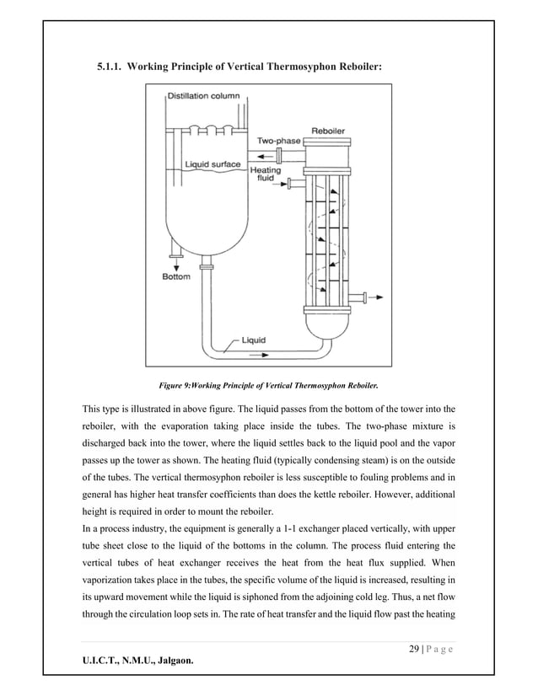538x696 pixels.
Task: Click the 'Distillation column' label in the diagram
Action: [x=203, y=96]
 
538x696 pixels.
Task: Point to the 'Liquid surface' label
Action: [x=212, y=163]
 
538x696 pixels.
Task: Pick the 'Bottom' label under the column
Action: [x=175, y=276]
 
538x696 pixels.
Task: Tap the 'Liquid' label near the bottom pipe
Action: [x=254, y=340]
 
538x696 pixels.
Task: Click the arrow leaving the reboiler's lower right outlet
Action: [x=375, y=295]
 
